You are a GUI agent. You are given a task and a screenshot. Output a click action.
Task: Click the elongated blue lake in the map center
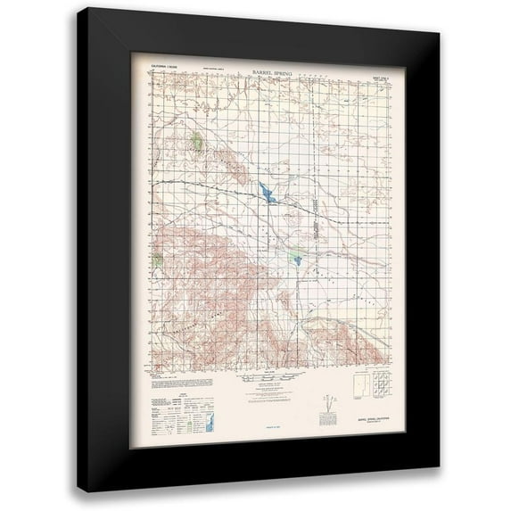266,192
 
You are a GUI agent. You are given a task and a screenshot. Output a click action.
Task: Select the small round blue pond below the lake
293,260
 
